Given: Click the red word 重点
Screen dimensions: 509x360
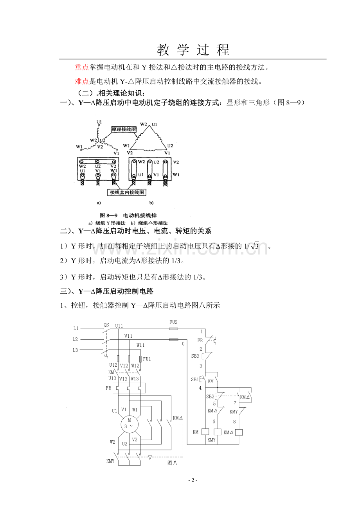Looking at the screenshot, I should point(82,67).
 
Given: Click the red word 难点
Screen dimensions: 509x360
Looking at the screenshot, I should point(82,81).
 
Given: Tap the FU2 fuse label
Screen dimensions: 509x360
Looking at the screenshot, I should point(173,322).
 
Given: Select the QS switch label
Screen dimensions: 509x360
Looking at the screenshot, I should point(106,325).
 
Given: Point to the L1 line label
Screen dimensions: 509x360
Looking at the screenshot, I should point(76,328).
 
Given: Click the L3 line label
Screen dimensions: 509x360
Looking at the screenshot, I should point(76,350).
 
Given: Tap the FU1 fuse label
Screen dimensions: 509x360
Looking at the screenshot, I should point(147,358).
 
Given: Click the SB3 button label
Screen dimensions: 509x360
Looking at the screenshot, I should point(195,356).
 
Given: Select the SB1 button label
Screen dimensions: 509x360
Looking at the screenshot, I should point(195,379).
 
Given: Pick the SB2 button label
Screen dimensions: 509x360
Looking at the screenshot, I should point(210,396).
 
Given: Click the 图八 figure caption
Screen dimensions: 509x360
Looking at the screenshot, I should point(172,463).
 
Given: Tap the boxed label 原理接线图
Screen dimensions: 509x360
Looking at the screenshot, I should point(124,129).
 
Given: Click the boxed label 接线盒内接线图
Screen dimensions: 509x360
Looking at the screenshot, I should point(127,192).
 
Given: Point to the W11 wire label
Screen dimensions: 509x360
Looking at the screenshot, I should point(140,345).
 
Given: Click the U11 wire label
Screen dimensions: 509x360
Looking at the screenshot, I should point(119,326).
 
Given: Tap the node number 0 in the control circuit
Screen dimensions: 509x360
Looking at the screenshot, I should point(183,344).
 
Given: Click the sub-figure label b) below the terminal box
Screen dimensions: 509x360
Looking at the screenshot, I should point(151,203).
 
